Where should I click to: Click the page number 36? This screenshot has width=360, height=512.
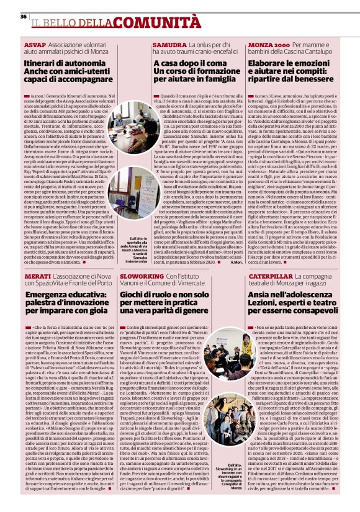24,16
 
